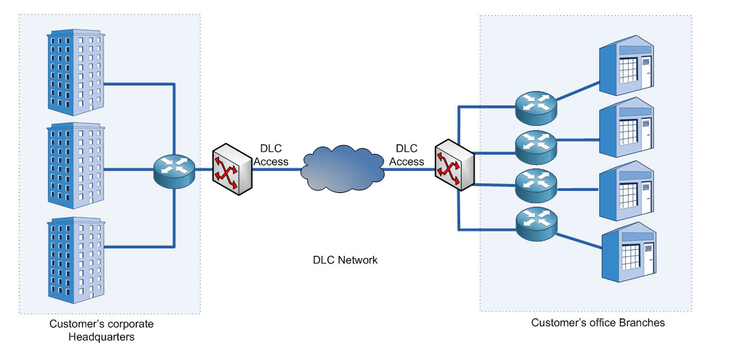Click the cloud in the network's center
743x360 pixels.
[342, 168]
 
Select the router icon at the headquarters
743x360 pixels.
[175, 168]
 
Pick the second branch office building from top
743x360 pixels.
[627, 129]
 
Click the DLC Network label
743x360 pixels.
[345, 260]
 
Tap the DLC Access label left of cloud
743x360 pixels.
[274, 155]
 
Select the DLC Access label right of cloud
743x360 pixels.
[407, 155]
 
